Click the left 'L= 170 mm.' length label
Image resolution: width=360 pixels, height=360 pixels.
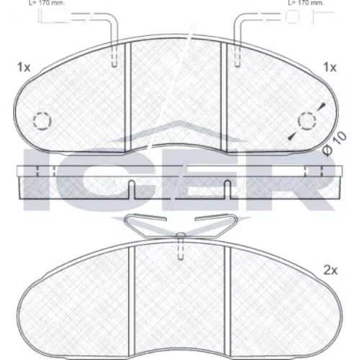pyautogui.click(x=47, y=3)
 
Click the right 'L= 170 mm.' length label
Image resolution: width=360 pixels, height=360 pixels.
pyautogui.click(x=305, y=3)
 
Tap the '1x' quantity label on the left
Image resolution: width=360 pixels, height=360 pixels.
pyautogui.click(x=24, y=68)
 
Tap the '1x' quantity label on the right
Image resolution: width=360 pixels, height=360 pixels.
pyautogui.click(x=330, y=68)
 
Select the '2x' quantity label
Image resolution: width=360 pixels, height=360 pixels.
pyautogui.click(x=330, y=271)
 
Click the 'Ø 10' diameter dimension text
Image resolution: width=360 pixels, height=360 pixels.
pyautogui.click(x=335, y=143)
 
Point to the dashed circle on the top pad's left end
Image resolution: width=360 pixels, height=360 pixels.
pyautogui.click(x=42, y=121)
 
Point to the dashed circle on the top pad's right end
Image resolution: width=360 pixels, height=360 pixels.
pyautogui.click(x=307, y=121)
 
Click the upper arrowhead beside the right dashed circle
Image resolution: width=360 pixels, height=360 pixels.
pyautogui.click(x=323, y=107)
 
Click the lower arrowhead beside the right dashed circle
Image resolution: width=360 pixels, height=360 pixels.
pyautogui.click(x=292, y=136)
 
